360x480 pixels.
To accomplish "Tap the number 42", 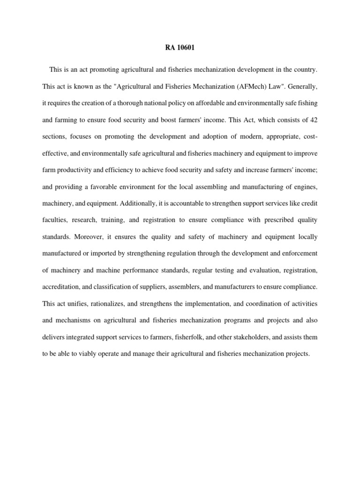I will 314,120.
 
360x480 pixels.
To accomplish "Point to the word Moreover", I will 94,237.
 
